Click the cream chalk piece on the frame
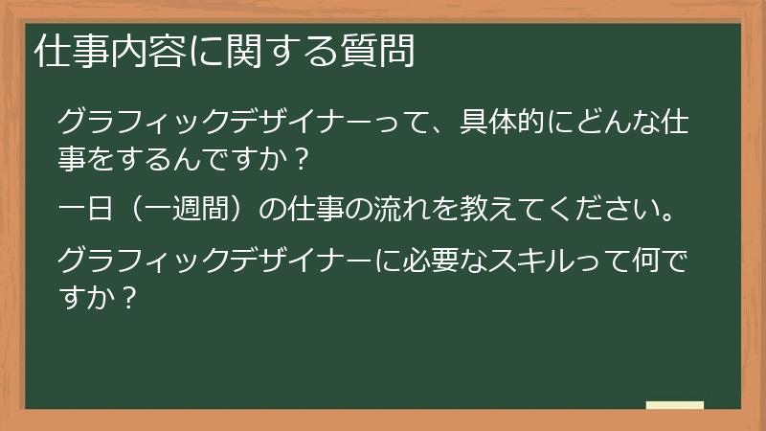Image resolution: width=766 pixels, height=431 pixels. point(674,406)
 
